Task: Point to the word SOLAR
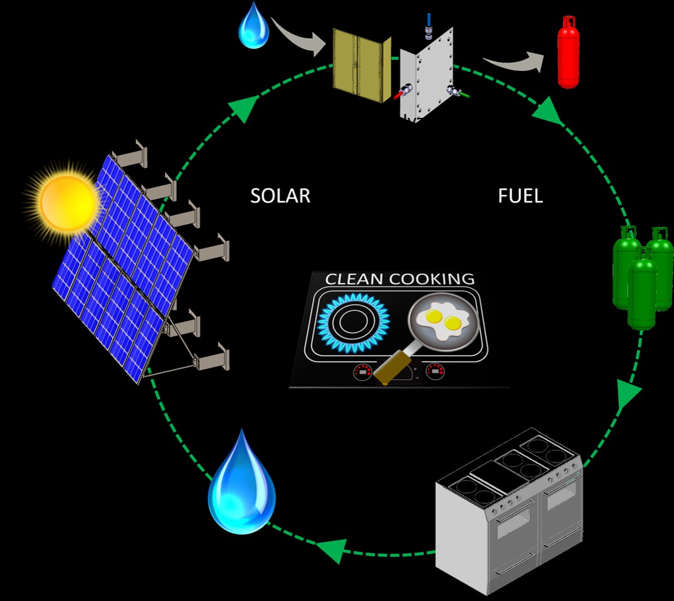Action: point(280,196)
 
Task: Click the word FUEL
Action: point(520,196)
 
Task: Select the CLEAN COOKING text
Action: point(399,279)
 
